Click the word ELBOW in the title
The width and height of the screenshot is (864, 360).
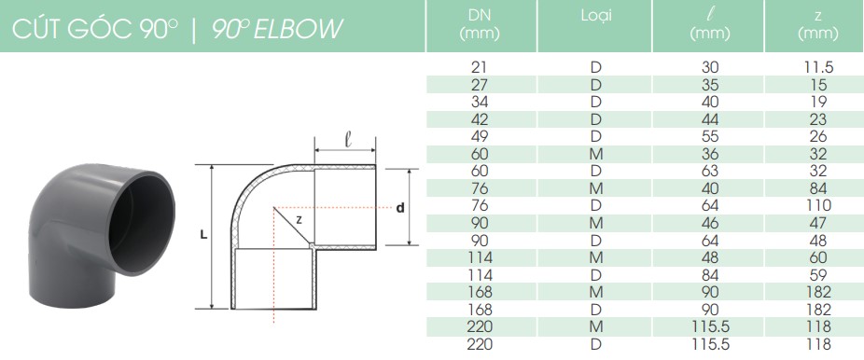[x=298, y=29]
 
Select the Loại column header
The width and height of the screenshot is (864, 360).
[x=595, y=16]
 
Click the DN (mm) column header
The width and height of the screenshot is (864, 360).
[x=480, y=25]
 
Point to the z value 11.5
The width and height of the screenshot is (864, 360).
[x=818, y=68]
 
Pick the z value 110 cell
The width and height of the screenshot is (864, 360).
[x=818, y=205]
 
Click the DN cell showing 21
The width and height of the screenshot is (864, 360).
[x=480, y=68]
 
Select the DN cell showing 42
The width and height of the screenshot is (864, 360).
[x=480, y=119]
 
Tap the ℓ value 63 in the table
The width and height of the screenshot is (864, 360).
[x=710, y=172]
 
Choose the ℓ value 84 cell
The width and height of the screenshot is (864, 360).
[x=710, y=275]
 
